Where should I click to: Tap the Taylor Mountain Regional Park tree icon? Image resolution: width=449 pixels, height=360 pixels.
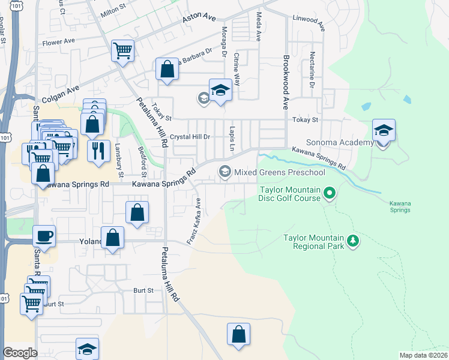[354, 241]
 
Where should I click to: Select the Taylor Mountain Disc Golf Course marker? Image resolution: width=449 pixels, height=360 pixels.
[329, 193]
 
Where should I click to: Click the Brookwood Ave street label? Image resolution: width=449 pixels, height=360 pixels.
[286, 82]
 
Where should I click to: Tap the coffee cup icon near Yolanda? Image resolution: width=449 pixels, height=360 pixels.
[45, 235]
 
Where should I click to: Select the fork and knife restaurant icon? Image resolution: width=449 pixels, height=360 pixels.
[98, 149]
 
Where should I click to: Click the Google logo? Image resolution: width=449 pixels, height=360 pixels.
[20, 353]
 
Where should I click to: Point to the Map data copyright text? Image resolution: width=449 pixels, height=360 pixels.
[423, 355]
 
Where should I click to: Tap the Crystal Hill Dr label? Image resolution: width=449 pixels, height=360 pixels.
[190, 137]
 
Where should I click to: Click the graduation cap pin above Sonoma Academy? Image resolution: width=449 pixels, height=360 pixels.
[384, 130]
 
